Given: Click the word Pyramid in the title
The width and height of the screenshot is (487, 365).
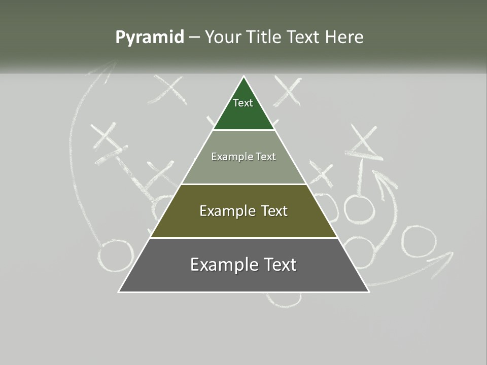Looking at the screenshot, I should (150, 38).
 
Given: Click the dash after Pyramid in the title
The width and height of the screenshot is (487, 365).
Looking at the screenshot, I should (194, 38).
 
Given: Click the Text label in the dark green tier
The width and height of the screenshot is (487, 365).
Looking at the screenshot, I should (243, 103).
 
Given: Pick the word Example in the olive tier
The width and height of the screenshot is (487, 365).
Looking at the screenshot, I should (222, 211).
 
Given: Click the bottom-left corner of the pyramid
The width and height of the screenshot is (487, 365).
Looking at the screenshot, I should (119, 291).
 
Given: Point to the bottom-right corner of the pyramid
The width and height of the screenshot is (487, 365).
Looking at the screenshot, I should (368, 291).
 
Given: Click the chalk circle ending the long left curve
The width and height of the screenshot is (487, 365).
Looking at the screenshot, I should (116, 256).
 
